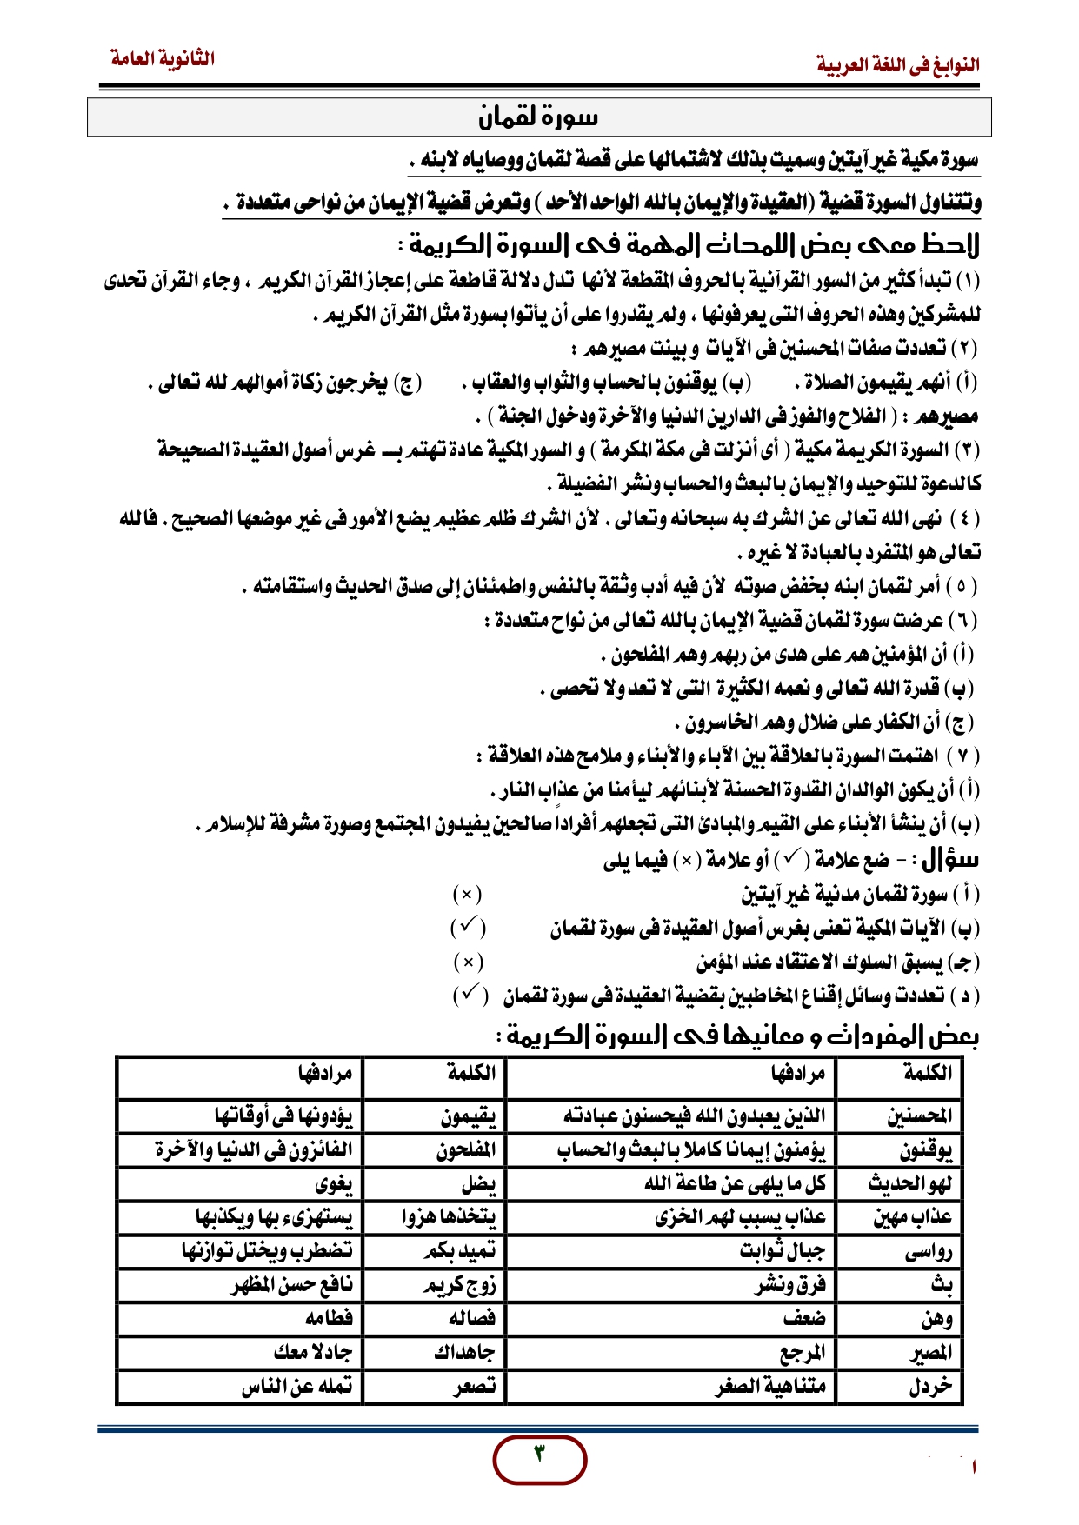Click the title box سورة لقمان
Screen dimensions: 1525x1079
tap(539, 117)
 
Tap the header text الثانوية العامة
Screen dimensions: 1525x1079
tap(163, 59)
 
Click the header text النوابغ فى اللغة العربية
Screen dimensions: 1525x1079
tap(897, 64)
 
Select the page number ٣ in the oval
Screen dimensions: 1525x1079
tap(539, 1453)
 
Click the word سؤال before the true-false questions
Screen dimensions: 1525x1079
tap(950, 860)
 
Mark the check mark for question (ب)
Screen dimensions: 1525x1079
tap(468, 928)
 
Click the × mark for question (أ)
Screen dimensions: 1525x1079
tap(467, 894)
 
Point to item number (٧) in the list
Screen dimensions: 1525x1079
tap(962, 756)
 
